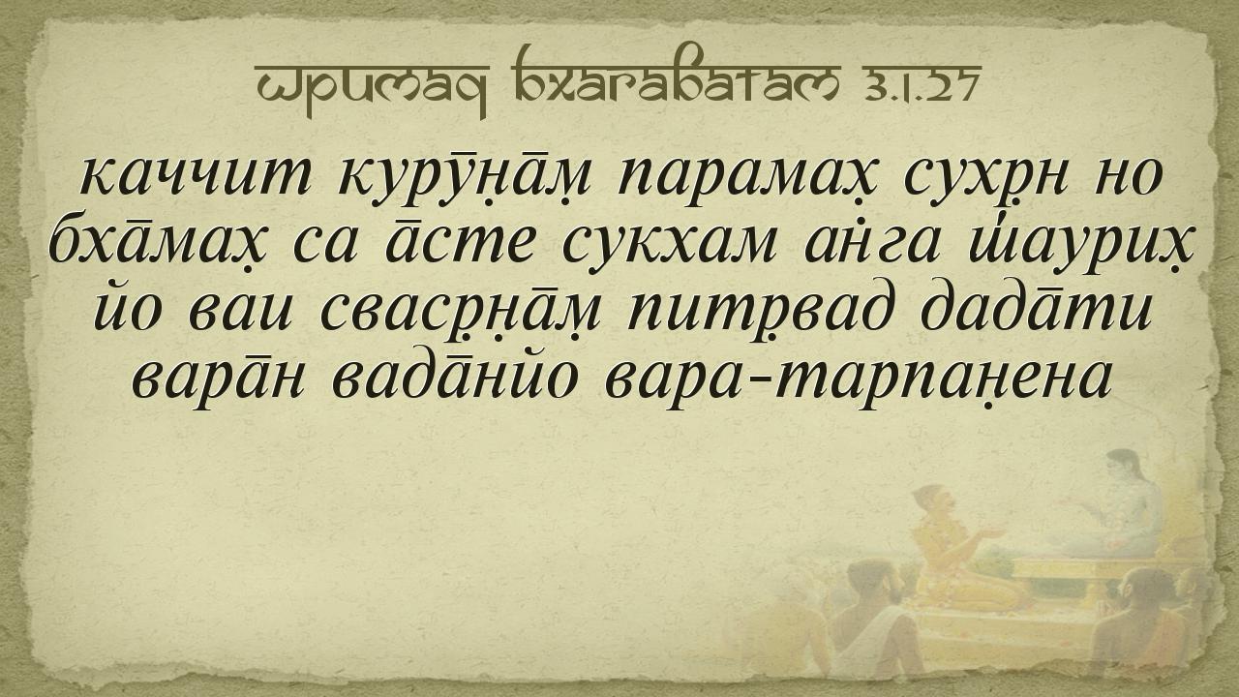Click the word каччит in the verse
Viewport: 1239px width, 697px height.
tap(195, 179)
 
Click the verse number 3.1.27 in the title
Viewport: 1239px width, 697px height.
tap(919, 84)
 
